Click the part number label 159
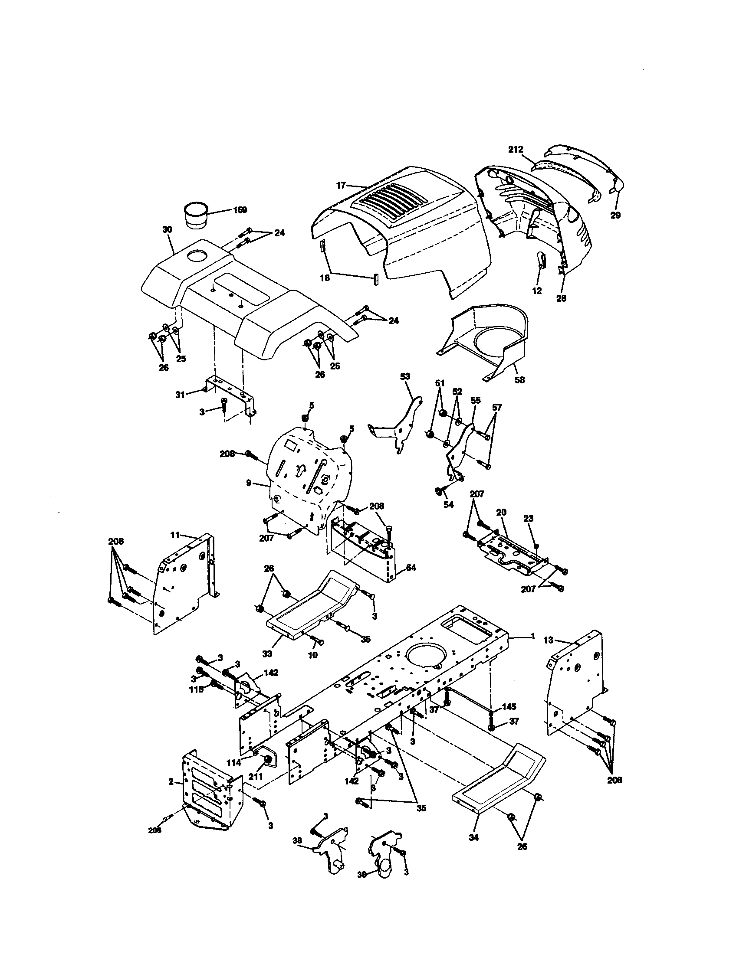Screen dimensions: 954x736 [240, 210]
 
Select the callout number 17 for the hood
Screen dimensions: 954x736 [342, 185]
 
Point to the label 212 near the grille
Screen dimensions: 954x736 [516, 150]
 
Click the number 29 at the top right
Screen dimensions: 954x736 [615, 216]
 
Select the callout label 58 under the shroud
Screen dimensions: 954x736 [519, 380]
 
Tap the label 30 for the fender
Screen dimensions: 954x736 [168, 229]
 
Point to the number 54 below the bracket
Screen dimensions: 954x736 [448, 504]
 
